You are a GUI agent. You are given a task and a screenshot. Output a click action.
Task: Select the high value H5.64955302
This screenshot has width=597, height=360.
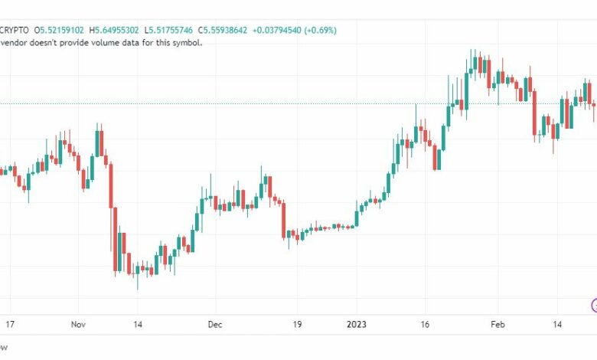(x=114, y=30)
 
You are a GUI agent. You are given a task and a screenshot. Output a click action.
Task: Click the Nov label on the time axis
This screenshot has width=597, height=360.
(x=79, y=324)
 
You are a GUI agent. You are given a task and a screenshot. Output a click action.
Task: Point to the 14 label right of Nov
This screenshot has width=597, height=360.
(x=138, y=324)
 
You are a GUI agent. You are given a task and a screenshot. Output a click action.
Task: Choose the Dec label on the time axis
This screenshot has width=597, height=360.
(x=215, y=324)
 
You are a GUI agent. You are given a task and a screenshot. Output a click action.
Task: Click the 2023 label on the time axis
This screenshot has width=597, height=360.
(x=356, y=324)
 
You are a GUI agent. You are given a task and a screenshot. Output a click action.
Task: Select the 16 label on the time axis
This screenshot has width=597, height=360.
(x=426, y=324)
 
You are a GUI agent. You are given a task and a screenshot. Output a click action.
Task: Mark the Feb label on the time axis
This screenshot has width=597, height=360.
(x=498, y=324)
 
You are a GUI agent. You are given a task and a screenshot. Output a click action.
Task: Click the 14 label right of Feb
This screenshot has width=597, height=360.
(x=559, y=324)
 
